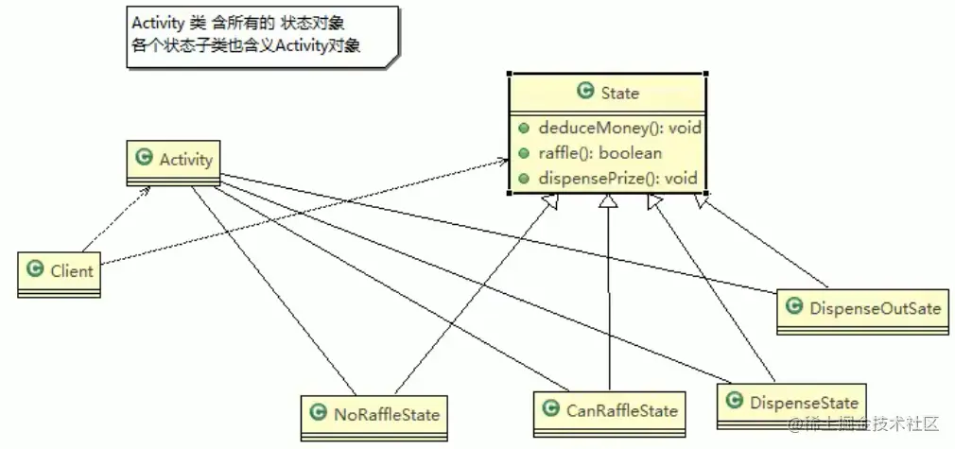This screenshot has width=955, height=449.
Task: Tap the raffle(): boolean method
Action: pyautogui.click(x=599, y=153)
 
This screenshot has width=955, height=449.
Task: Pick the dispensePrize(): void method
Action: pyautogui.click(x=617, y=178)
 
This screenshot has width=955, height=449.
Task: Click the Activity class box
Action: pyautogui.click(x=174, y=160)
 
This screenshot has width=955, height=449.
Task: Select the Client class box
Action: pyautogui.click(x=60, y=271)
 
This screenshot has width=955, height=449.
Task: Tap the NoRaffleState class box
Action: pyautogui.click(x=374, y=414)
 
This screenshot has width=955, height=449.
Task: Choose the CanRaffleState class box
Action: pyautogui.click(x=610, y=411)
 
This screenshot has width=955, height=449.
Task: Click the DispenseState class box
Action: pyautogui.click(x=790, y=402)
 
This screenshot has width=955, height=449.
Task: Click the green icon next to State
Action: pyautogui.click(x=584, y=92)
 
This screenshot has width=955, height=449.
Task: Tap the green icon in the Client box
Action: pyautogui.click(x=36, y=270)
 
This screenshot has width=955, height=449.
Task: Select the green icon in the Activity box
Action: pyautogui.click(x=144, y=158)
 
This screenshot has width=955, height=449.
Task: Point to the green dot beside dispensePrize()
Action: pyautogui.click(x=523, y=178)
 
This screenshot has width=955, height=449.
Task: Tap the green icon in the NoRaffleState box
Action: pyautogui.click(x=318, y=413)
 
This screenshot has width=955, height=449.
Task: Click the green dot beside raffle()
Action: pyautogui.click(x=523, y=153)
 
